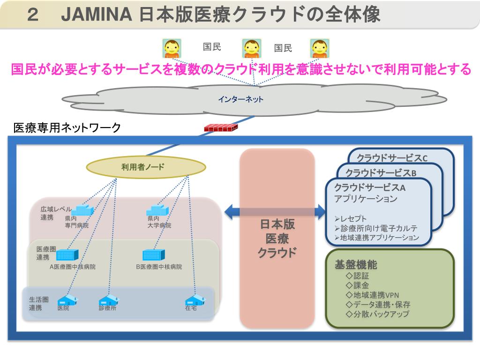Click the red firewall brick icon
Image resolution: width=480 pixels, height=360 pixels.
pyautogui.click(x=221, y=127)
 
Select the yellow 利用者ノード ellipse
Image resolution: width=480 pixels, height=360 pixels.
pyautogui.click(x=146, y=167)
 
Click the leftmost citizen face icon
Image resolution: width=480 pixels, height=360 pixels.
pyautogui.click(x=172, y=48)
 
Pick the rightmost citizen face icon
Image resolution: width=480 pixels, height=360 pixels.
pyautogui.click(x=320, y=48)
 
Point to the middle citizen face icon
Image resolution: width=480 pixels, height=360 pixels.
pyautogui.click(x=251, y=48)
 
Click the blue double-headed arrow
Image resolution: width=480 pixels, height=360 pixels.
pyautogui.click(x=274, y=211)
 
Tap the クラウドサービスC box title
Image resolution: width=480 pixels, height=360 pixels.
pyautogui.click(x=392, y=158)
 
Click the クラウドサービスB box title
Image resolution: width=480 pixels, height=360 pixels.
pyautogui.click(x=381, y=172)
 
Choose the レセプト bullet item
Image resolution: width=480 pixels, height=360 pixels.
pyautogui.click(x=351, y=219)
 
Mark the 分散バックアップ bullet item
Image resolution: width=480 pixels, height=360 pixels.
pyautogui.click(x=377, y=314)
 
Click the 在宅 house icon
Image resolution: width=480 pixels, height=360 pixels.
pyautogui.click(x=195, y=300)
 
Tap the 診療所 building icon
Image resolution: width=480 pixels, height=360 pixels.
pyautogui.click(x=109, y=300)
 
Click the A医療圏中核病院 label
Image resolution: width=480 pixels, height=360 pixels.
pyautogui.click(x=73, y=267)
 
